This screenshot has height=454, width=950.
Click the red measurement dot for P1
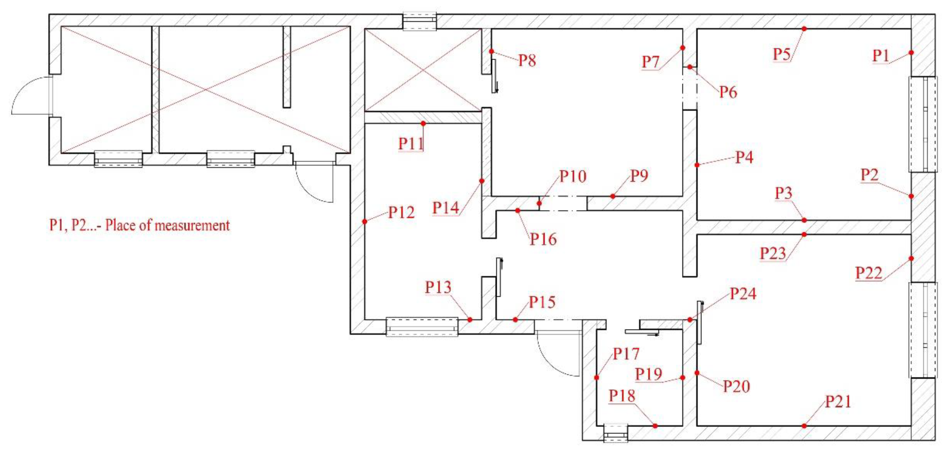click(911, 52)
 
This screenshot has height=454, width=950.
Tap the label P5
click(781, 54)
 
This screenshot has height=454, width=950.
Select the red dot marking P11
click(423, 124)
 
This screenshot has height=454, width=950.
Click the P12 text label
click(401, 213)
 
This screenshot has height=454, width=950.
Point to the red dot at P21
click(804, 426)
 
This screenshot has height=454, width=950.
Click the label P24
click(743, 294)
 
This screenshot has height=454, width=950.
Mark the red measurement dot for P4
click(697, 165)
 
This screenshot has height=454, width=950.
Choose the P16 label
click(543, 240)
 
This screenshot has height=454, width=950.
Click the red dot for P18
click(655, 426)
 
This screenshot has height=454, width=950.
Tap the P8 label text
click(527, 60)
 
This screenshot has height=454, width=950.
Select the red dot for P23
click(804, 234)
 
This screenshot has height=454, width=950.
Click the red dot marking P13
click(469, 320)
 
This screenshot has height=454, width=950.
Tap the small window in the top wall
click(419, 22)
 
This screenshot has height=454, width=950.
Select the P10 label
click(572, 177)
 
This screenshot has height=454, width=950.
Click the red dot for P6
click(690, 67)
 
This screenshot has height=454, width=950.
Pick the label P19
click(648, 374)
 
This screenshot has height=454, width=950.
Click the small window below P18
click(615, 433)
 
